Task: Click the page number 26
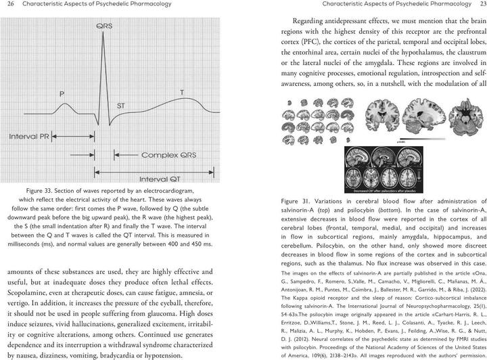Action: click(x=9, y=4)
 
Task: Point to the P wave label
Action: click(x=62, y=93)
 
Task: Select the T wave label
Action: click(x=181, y=91)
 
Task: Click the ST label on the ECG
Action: click(x=121, y=106)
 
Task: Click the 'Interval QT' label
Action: click(x=166, y=179)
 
